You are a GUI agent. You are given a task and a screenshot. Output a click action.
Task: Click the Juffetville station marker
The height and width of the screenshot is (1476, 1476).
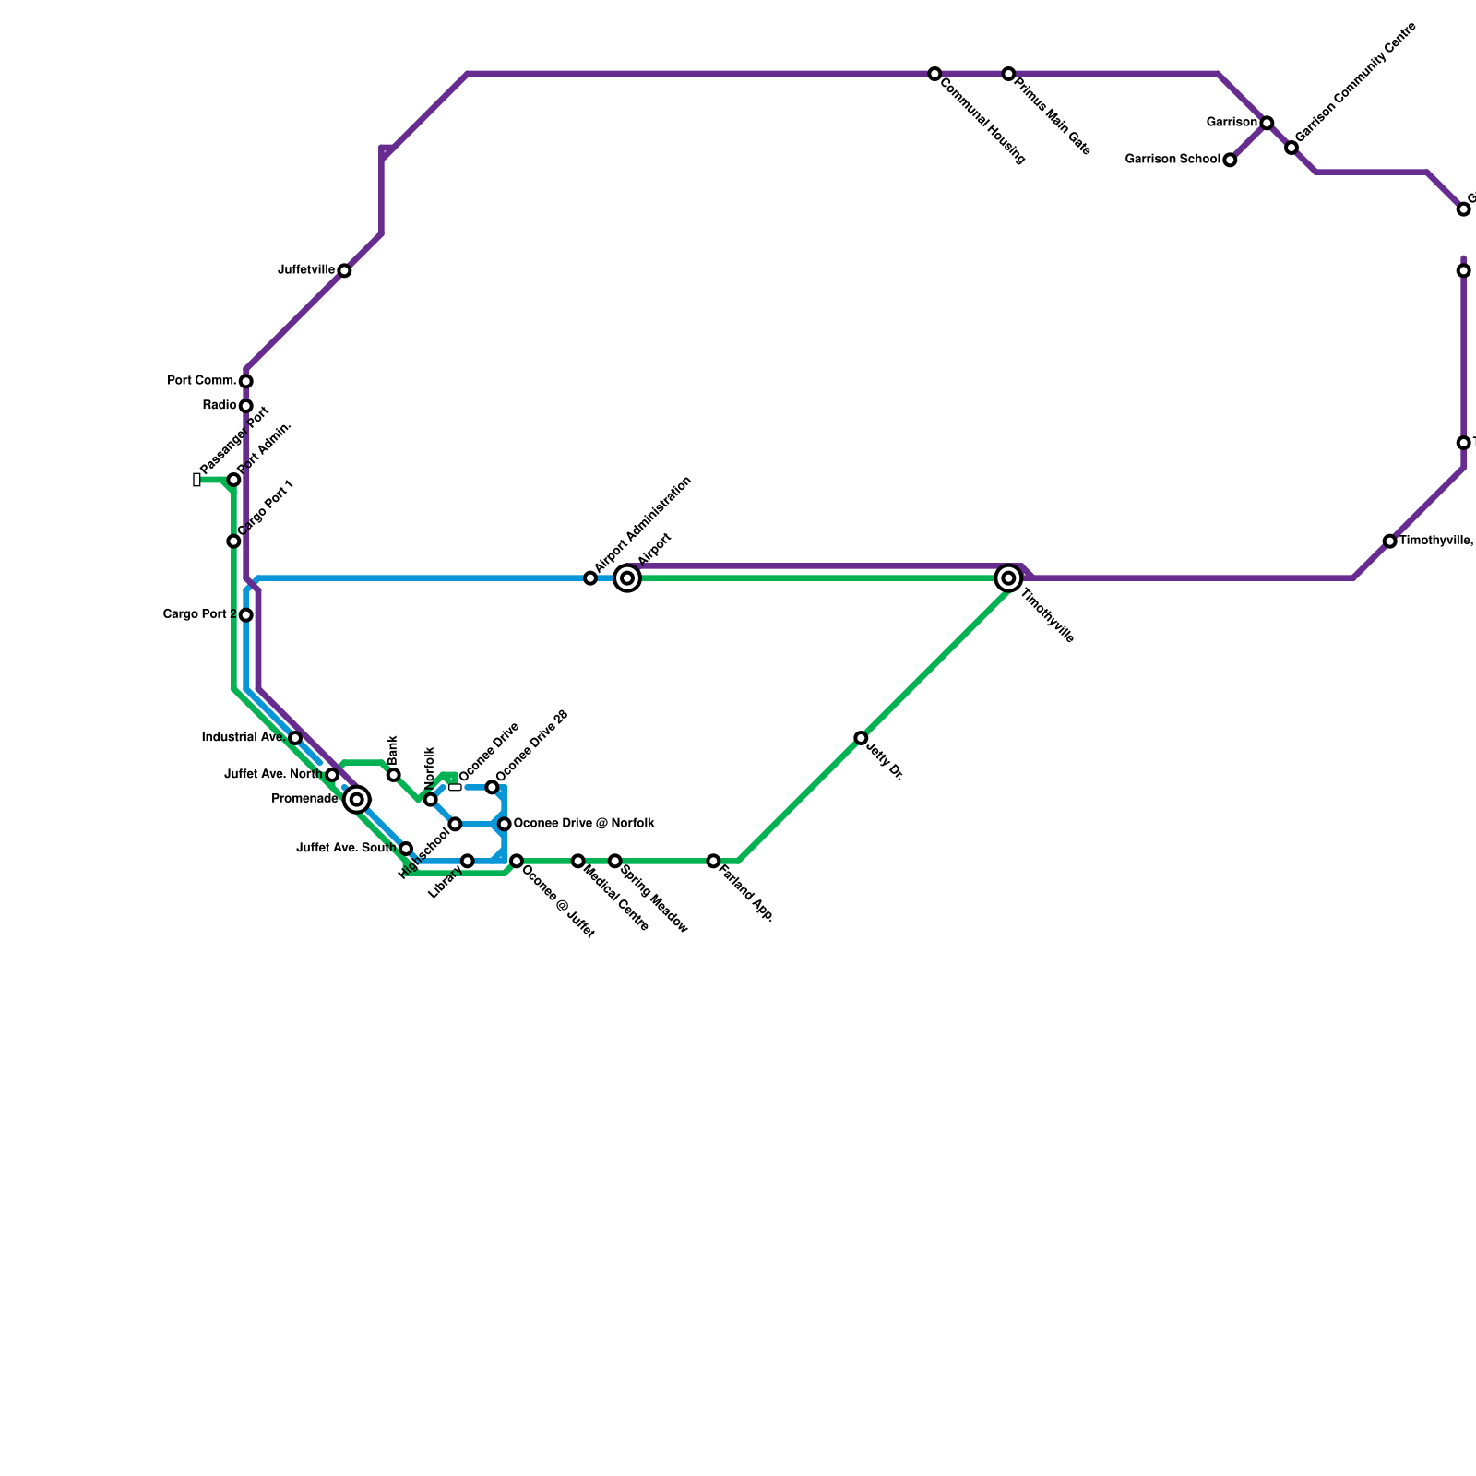(344, 270)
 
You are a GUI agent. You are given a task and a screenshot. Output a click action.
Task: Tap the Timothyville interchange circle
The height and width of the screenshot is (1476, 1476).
(1008, 578)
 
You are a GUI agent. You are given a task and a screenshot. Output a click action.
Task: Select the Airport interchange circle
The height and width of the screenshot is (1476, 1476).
(627, 578)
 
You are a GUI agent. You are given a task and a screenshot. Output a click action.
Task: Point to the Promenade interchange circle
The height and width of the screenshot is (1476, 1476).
(357, 800)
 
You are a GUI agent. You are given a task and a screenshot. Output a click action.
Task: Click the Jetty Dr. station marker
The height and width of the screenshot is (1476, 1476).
(861, 738)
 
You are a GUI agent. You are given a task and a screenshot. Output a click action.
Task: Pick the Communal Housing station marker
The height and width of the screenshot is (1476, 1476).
(934, 74)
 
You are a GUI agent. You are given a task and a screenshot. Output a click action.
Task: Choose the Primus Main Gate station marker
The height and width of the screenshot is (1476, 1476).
(1008, 74)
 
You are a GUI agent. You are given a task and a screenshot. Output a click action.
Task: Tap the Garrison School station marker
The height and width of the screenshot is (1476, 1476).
(1230, 161)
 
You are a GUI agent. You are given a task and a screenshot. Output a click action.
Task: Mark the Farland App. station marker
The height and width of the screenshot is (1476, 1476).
(713, 861)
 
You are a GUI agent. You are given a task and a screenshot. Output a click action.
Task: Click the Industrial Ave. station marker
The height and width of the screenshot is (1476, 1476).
(295, 738)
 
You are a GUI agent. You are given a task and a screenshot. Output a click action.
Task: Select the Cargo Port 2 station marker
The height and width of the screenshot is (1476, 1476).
(246, 615)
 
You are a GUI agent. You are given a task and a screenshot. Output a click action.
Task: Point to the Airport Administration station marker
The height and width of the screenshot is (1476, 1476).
(590, 578)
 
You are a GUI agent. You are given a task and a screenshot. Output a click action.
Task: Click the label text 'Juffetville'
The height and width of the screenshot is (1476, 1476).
(306, 270)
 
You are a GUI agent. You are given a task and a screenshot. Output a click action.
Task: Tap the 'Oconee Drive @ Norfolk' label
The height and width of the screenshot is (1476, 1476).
(584, 823)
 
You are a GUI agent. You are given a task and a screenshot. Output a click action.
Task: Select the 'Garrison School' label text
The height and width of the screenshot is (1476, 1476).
(1172, 160)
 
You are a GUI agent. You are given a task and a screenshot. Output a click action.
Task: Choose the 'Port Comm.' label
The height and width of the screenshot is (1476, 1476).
(202, 380)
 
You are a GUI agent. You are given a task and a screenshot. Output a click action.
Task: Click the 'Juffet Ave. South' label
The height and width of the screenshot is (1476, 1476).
(347, 848)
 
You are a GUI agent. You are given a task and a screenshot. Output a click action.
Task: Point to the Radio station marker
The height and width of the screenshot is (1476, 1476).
(246, 406)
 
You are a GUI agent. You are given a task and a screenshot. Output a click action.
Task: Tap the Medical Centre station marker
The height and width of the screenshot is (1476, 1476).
(577, 861)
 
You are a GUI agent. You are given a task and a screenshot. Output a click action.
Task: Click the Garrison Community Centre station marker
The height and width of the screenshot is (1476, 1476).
(1291, 148)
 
